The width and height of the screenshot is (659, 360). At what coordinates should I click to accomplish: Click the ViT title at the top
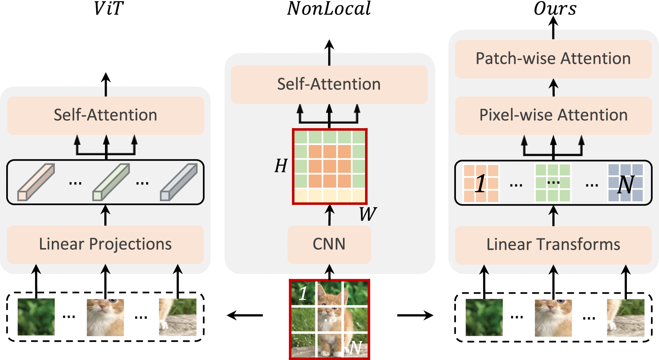(x=108, y=8)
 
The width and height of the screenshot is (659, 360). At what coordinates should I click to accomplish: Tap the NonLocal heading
(x=329, y=8)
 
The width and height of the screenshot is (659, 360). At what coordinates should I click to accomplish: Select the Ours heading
(x=555, y=8)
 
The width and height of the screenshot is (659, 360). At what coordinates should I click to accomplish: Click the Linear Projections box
(x=105, y=244)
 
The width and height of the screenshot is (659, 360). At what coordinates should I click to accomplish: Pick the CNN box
(x=329, y=244)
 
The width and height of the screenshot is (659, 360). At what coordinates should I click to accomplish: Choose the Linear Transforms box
(x=553, y=245)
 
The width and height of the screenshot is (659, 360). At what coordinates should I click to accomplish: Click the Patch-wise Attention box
(x=553, y=59)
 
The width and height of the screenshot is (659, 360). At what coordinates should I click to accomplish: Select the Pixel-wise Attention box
(x=553, y=115)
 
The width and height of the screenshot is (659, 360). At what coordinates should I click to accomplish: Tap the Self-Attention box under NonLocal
(x=329, y=85)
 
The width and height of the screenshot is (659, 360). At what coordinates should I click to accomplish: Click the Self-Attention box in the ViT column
(x=105, y=115)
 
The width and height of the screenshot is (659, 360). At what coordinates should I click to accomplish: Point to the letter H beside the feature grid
(x=281, y=166)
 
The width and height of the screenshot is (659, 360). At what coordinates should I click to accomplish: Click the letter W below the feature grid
(x=367, y=214)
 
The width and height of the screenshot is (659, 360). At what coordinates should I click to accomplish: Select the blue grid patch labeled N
(x=625, y=183)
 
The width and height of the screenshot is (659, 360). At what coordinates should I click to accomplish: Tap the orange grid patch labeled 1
(x=481, y=183)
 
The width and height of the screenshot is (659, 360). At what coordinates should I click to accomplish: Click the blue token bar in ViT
(x=179, y=182)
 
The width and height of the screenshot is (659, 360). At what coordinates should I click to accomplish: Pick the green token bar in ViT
(x=111, y=182)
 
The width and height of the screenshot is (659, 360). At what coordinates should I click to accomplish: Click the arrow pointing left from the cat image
(x=245, y=315)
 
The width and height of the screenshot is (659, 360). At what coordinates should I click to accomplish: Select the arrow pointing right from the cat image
(x=415, y=315)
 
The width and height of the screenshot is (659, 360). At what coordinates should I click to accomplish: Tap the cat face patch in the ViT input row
(x=105, y=317)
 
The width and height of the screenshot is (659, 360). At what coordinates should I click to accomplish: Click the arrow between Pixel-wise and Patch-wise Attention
(x=554, y=87)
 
